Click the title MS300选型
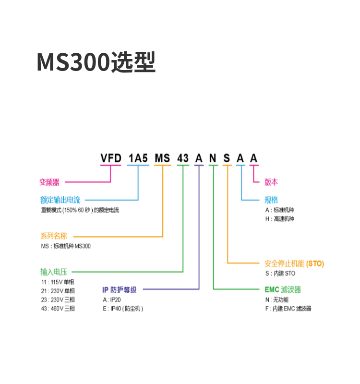tap(96, 62)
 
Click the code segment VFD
tap(110, 158)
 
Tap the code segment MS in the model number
tap(163, 158)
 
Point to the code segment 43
tap(183, 158)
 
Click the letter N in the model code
tap(213, 158)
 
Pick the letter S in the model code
tap(227, 158)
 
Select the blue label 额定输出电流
tap(60, 200)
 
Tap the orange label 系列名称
tap(54, 236)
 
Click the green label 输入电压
tap(54, 272)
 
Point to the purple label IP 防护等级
tap(120, 290)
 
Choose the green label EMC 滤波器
tap(283, 290)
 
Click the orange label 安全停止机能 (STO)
tap(294, 264)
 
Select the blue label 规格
tap(271, 200)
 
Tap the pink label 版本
tap(271, 182)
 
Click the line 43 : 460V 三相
tap(58, 309)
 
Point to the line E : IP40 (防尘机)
tap(123, 309)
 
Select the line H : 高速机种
tap(279, 219)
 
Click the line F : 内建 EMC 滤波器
tap(288, 309)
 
